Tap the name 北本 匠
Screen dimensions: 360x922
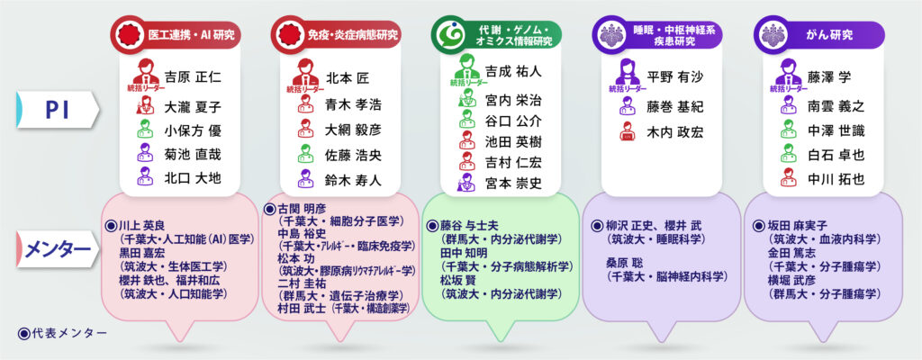pyautogui.click(x=346, y=77)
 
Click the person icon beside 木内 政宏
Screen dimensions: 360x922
pyautogui.click(x=628, y=132)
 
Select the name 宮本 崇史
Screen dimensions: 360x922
pyautogui.click(x=514, y=184)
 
